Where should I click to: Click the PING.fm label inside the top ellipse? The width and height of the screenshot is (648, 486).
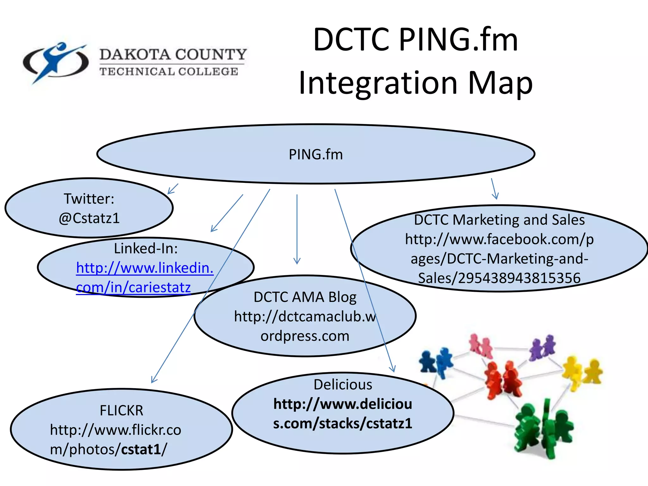(x=316, y=154)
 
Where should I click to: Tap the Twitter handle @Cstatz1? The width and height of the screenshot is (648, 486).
(x=89, y=218)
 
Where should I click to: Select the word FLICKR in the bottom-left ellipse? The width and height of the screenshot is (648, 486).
(x=121, y=410)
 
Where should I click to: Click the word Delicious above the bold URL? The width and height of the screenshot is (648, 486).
(x=343, y=384)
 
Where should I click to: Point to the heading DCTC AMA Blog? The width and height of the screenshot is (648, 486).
(x=305, y=297)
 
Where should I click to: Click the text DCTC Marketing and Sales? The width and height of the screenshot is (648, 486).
(x=499, y=220)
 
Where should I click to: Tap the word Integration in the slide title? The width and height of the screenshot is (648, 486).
(x=378, y=83)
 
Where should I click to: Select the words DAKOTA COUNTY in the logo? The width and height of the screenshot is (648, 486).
(x=173, y=54)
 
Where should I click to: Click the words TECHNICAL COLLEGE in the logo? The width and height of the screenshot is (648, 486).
(x=169, y=72)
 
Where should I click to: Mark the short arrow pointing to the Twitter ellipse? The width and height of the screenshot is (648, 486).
(x=173, y=189)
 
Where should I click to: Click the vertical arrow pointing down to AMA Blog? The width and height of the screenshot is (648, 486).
(x=297, y=229)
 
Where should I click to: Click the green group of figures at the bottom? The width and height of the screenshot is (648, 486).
(x=543, y=429)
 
